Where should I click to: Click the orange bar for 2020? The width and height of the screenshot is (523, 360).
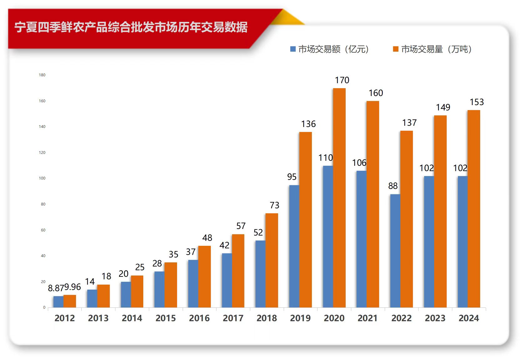click(x=339, y=198)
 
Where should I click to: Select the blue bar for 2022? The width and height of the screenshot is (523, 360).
click(x=395, y=251)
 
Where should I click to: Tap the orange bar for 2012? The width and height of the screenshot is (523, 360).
click(x=70, y=301)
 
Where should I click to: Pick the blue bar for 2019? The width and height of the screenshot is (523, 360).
click(x=294, y=246)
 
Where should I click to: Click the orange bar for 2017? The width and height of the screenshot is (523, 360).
click(x=238, y=271)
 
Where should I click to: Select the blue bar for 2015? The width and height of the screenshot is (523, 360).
click(x=159, y=289)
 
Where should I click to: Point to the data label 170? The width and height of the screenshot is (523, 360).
click(x=342, y=80)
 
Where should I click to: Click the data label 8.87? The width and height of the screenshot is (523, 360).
click(x=56, y=288)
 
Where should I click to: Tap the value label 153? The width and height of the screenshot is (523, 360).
click(x=477, y=102)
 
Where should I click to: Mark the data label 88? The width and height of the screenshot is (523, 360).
click(x=393, y=186)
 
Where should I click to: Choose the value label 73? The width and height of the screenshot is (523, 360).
click(x=274, y=205)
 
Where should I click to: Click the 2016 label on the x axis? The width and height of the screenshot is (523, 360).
click(x=199, y=318)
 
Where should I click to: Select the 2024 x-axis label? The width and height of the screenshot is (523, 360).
click(x=469, y=318)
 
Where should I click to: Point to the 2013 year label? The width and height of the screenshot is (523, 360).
click(x=98, y=318)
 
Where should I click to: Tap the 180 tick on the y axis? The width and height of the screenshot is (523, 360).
click(x=42, y=75)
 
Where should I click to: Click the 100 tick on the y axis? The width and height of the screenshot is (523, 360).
click(x=42, y=178)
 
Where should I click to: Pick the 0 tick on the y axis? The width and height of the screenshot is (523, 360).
click(x=44, y=307)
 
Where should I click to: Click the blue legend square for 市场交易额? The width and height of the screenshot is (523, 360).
click(x=293, y=49)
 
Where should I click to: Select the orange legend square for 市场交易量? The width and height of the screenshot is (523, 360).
click(x=396, y=49)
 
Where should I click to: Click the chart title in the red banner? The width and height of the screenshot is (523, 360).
click(x=131, y=28)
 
